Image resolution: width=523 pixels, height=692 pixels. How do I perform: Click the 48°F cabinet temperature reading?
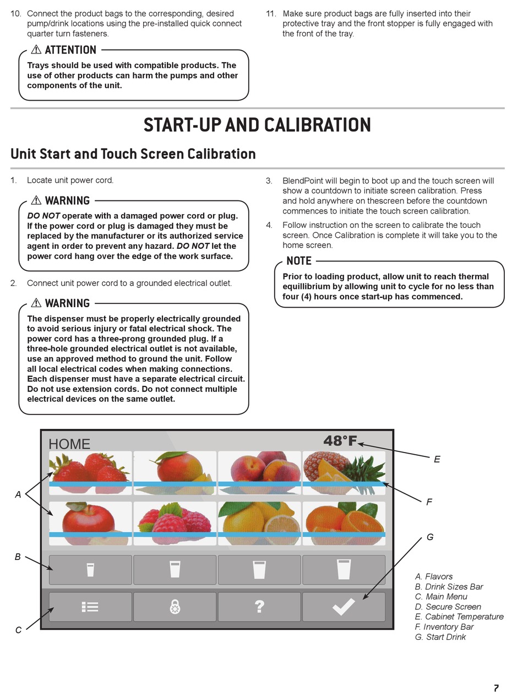[340, 441]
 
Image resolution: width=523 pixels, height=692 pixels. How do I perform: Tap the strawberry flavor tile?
[90, 472]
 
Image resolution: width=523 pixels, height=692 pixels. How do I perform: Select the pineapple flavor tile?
[344, 472]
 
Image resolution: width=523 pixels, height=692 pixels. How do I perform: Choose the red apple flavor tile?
[90, 523]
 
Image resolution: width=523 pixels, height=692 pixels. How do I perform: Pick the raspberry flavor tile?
[175, 523]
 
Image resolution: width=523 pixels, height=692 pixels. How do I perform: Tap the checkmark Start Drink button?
[344, 607]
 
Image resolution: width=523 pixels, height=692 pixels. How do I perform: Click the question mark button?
[259, 607]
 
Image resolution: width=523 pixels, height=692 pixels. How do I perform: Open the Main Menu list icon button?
[90, 607]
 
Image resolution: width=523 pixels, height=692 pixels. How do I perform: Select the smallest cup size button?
[90, 570]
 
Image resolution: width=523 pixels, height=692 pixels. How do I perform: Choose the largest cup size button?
[344, 570]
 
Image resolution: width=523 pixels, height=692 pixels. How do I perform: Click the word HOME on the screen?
[69, 444]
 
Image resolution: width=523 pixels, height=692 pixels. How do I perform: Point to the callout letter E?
[437, 459]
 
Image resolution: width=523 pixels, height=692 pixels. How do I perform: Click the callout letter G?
[430, 537]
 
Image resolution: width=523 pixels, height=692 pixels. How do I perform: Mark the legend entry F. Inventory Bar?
[444, 627]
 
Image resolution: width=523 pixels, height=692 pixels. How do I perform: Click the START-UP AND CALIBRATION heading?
[257, 125]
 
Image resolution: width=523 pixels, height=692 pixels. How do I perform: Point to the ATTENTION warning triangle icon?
[36, 50]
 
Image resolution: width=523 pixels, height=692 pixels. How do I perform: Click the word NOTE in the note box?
[299, 261]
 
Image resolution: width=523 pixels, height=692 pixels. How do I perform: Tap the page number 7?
[496, 688]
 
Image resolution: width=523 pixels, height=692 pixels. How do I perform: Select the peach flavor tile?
[259, 472]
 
